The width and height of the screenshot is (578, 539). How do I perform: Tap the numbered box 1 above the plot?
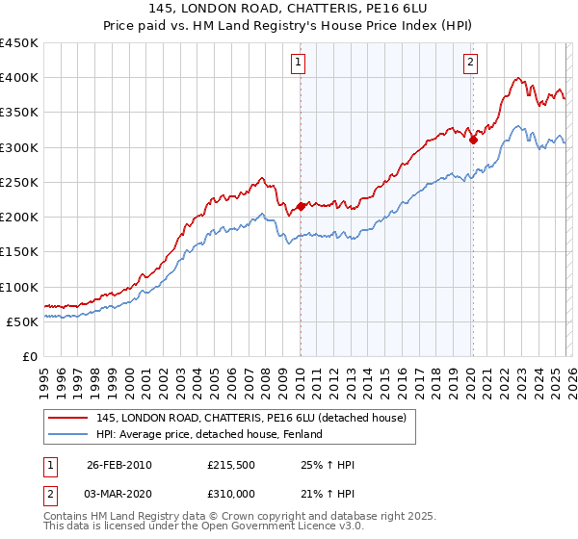[x=299, y=64]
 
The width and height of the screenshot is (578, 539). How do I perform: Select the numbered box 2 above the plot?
[x=470, y=64]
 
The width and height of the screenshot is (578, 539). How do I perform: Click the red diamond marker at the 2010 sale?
[x=301, y=206]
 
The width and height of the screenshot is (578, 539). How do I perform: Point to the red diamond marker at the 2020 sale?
[x=473, y=140]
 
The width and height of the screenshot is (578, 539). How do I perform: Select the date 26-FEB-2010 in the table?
[x=118, y=465]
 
